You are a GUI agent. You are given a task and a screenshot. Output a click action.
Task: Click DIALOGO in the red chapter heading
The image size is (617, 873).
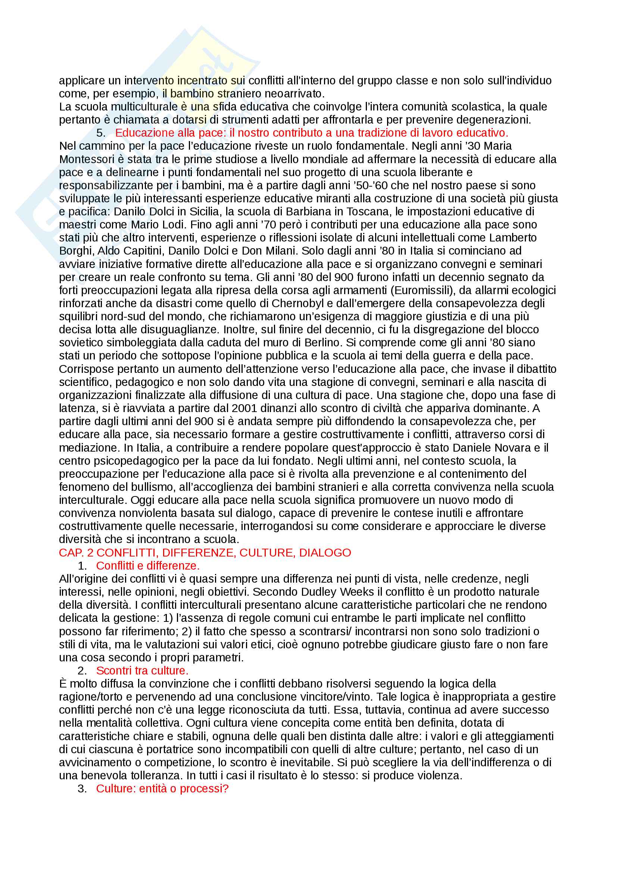click(325, 553)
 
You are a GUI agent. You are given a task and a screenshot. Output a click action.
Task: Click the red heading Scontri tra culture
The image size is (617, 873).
click(142, 671)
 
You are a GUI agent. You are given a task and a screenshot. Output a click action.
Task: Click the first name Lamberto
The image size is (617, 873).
click(513, 238)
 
